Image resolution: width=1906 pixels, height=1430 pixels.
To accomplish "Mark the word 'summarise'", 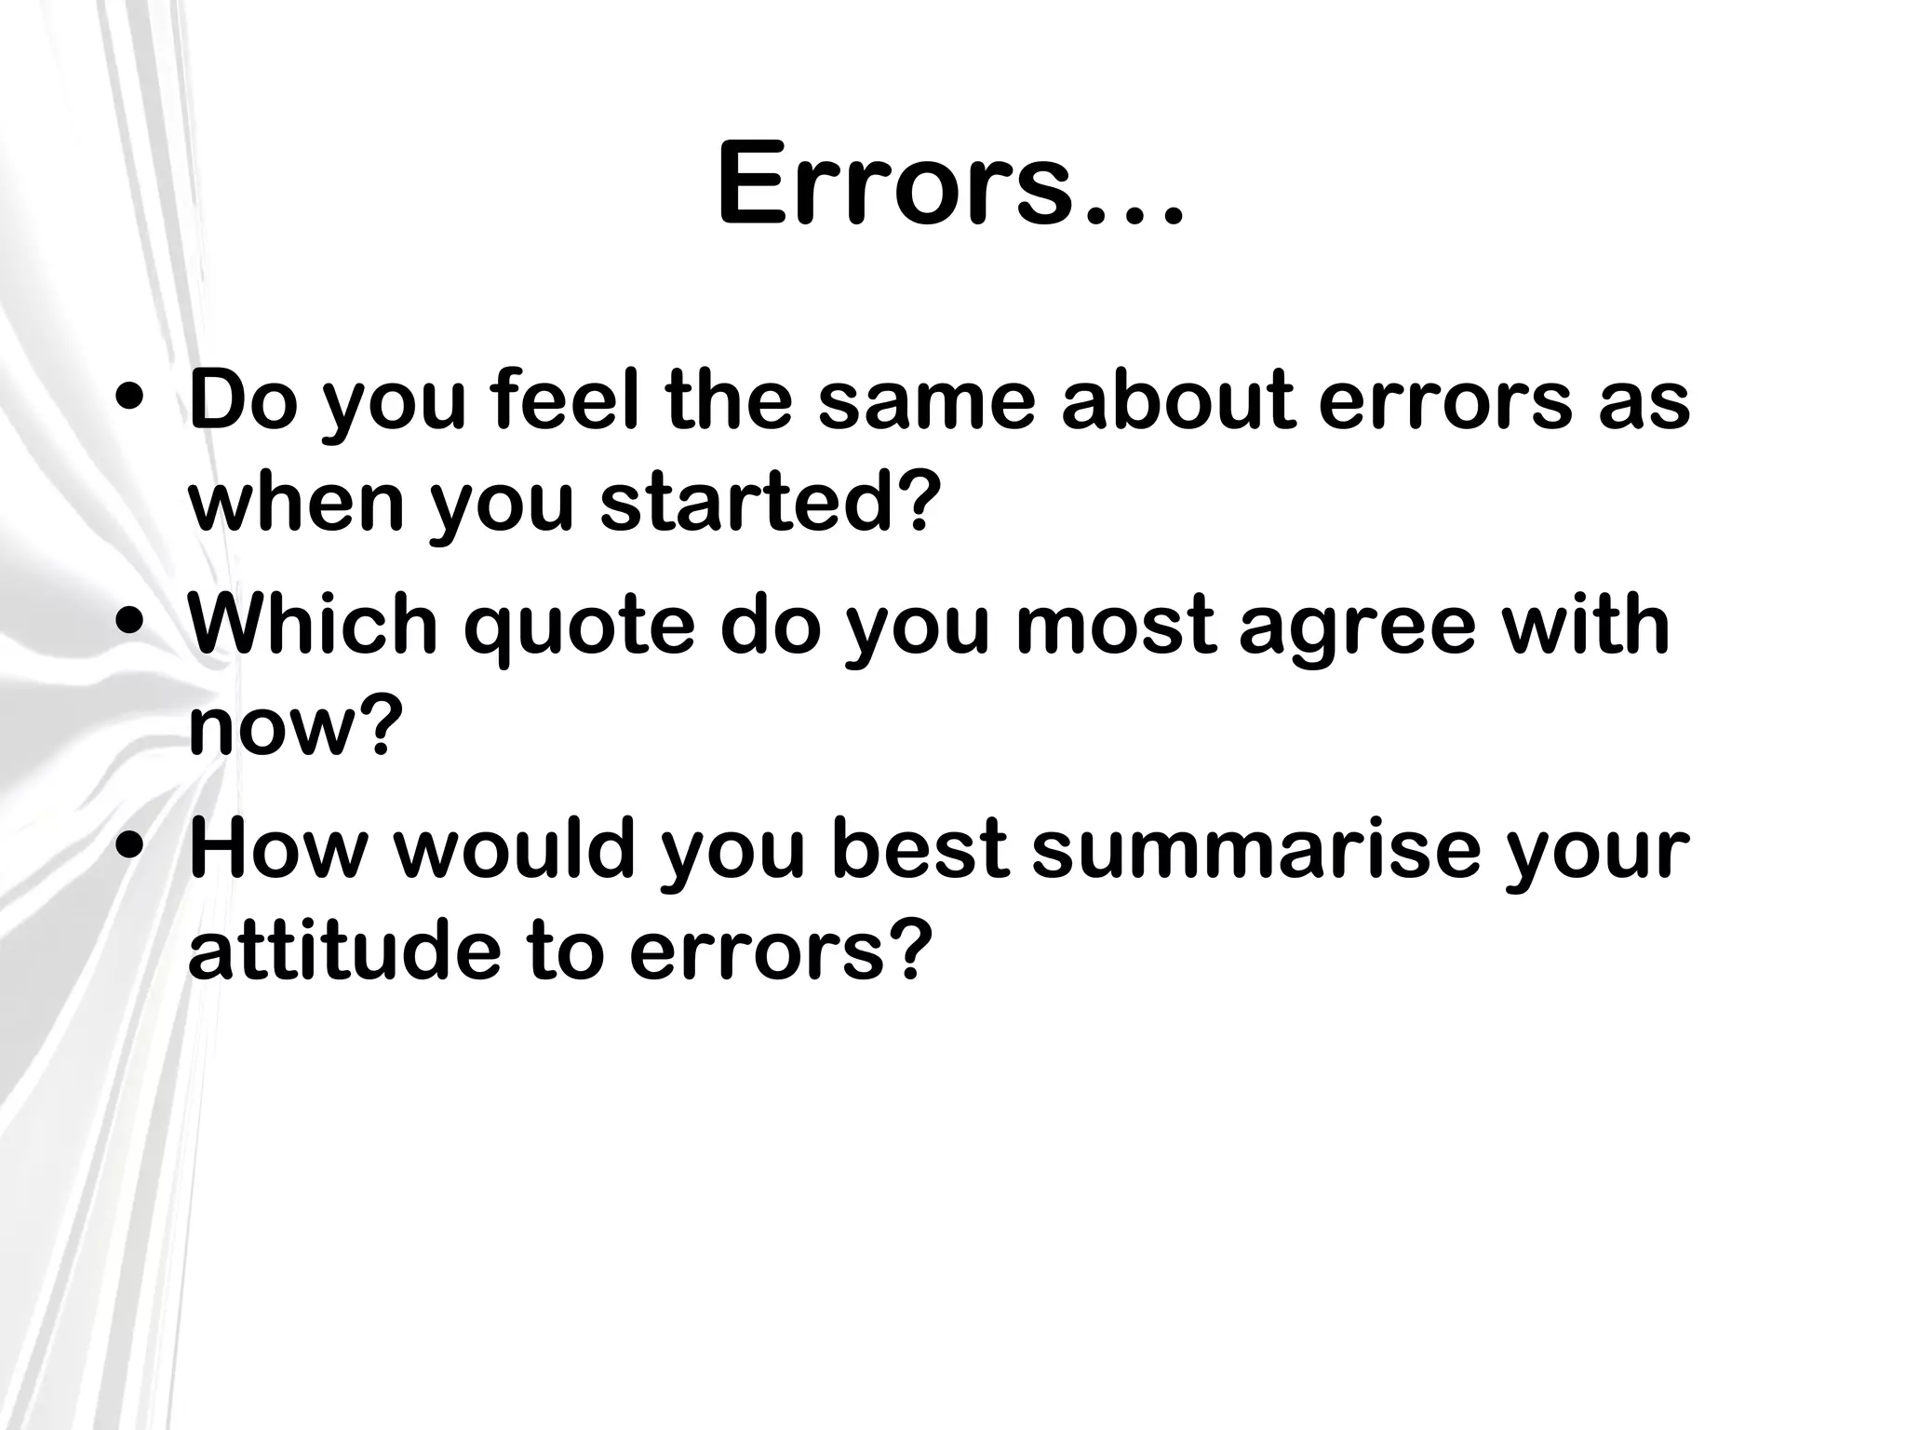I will pos(1255,849).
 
